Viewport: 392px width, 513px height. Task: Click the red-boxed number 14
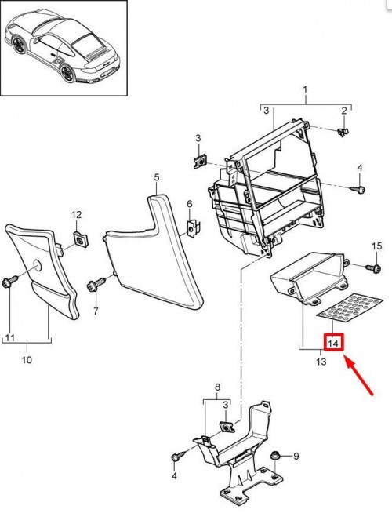[x=333, y=343]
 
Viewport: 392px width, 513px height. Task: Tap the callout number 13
[x=321, y=362]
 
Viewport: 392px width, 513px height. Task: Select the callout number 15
[x=377, y=246]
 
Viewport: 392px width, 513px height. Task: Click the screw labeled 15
[x=375, y=268]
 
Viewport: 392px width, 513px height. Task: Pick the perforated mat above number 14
[x=350, y=307]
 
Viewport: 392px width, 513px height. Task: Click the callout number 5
[x=157, y=177]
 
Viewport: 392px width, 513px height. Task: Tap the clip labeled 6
[x=193, y=227]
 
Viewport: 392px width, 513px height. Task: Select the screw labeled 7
[x=96, y=284]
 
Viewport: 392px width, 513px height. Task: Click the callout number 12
[x=76, y=215]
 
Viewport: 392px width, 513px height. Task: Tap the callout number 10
[x=27, y=360]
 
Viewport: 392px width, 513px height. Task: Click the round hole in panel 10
[x=37, y=267]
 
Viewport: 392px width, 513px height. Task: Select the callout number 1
[x=305, y=89]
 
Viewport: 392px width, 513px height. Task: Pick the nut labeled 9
[x=274, y=456]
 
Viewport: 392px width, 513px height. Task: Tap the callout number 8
[x=217, y=387]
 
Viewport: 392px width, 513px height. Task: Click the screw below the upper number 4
[x=358, y=189]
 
